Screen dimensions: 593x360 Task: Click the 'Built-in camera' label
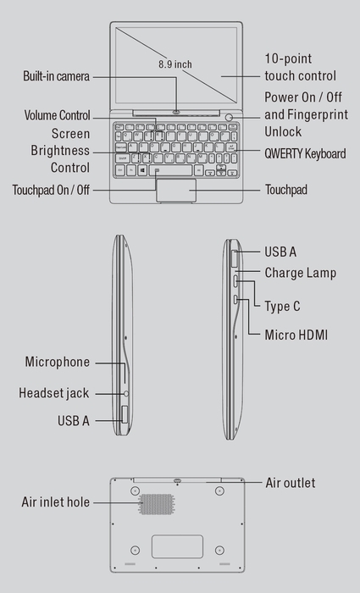(56, 77)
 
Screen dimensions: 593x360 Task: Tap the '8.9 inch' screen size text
(175, 64)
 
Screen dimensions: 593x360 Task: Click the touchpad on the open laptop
(176, 191)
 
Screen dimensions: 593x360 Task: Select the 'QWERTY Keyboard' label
(305, 153)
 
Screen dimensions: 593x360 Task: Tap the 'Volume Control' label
(58, 114)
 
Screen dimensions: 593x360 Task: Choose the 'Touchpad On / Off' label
(51, 190)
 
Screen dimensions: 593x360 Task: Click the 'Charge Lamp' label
(300, 273)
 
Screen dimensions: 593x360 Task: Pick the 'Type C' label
(282, 306)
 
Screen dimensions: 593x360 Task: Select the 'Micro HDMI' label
(296, 335)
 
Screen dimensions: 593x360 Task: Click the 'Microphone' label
(57, 362)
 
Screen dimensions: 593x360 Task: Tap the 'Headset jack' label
(54, 393)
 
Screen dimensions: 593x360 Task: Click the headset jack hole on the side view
(125, 393)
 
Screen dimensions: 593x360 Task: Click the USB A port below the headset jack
(125, 414)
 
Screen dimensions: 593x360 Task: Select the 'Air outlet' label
(291, 483)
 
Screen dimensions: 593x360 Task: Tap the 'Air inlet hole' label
(55, 502)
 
